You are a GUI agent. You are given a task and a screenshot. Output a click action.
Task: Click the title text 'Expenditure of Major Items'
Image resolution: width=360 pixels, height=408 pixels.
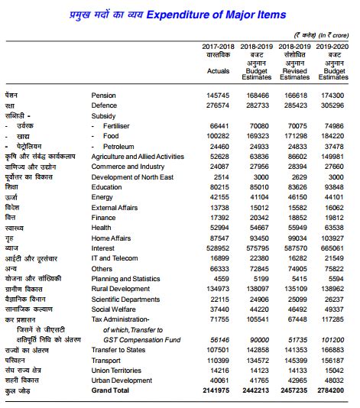click(x=222, y=15)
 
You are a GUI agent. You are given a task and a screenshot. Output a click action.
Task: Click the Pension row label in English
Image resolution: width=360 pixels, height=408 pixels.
click(x=104, y=96)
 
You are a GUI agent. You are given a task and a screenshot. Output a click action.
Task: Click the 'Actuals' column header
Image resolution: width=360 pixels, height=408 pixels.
click(x=218, y=71)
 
